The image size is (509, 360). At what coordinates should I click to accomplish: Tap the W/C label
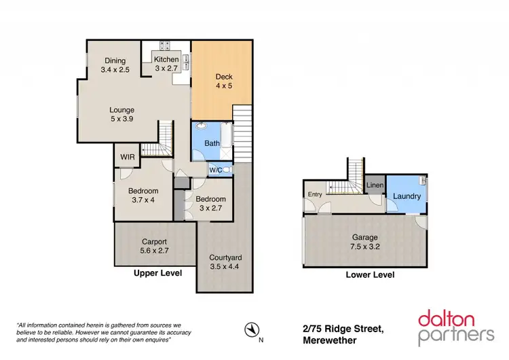(215, 170)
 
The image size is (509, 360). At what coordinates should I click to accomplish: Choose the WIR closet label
(127, 156)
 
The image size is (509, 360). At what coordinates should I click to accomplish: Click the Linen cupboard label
(375, 185)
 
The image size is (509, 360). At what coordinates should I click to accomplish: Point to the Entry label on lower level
(315, 195)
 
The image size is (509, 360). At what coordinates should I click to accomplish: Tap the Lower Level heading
(370, 275)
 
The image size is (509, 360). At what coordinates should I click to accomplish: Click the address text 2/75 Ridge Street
(343, 329)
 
